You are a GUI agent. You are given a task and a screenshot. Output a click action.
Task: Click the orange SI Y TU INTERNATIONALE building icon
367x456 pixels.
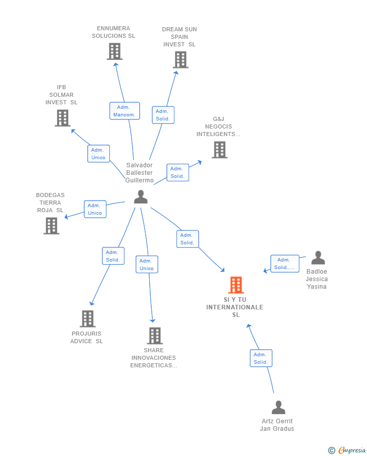point(236,285)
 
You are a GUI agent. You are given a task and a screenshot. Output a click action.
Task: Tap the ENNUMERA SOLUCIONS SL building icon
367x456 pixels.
point(114,51)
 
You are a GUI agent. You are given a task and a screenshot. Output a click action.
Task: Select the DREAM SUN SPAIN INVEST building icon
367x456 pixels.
point(180,59)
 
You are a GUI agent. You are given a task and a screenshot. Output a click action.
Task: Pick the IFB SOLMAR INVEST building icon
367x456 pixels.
point(63,118)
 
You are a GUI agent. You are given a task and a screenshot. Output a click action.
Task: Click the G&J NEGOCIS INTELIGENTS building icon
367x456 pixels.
point(219,150)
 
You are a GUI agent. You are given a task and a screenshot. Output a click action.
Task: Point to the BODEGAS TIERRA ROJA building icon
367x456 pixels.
point(51,226)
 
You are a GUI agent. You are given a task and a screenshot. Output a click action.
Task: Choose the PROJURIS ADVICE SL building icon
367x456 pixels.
point(88,319)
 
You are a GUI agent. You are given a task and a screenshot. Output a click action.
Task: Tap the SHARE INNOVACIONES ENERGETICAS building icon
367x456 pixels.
point(155,336)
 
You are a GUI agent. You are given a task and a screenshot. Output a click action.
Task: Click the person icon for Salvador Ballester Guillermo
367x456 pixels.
point(141,197)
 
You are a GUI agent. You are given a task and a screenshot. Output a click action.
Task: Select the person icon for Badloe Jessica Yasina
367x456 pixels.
point(318,257)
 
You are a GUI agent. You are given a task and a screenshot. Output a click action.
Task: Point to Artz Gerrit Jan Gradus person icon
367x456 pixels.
point(278,408)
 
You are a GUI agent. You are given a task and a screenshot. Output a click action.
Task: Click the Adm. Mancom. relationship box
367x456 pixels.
point(125,111)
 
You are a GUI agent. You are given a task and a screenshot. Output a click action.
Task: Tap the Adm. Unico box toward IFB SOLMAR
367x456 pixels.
point(98,154)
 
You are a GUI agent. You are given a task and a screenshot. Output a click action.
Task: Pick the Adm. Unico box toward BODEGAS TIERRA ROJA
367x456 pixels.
point(95,209)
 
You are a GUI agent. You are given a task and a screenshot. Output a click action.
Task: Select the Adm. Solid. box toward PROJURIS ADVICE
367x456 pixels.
point(113,256)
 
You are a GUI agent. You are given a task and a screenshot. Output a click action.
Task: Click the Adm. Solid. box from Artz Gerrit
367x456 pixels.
point(261,358)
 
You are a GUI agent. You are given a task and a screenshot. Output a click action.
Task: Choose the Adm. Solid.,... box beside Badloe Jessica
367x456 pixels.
point(285,264)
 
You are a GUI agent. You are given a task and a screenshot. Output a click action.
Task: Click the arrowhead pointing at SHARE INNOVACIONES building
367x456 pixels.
point(153,320)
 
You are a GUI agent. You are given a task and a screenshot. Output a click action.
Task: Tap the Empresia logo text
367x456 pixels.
point(352,450)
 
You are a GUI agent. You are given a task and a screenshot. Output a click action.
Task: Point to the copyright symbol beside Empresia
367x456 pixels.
point(332,450)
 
